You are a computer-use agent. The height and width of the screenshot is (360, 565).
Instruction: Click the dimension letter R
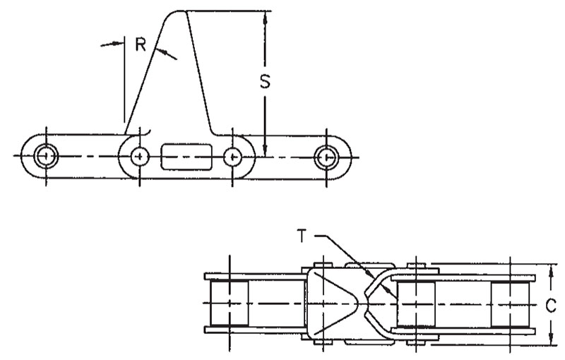[x=141, y=44]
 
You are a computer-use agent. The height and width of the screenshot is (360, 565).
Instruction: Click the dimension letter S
[x=265, y=81]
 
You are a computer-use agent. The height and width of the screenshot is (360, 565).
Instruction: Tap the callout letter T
[x=302, y=236]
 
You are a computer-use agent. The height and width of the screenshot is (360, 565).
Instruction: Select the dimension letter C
[x=552, y=306]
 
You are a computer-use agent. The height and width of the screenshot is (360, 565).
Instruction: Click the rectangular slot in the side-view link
[x=186, y=157]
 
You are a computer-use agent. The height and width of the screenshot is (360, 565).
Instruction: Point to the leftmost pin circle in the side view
[x=46, y=156]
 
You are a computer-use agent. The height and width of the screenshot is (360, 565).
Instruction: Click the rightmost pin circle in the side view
[x=326, y=157]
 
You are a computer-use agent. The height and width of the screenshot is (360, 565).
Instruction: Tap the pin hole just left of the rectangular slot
[x=140, y=157]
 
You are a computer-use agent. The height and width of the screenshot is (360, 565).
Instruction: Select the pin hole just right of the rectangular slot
[x=232, y=157]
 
